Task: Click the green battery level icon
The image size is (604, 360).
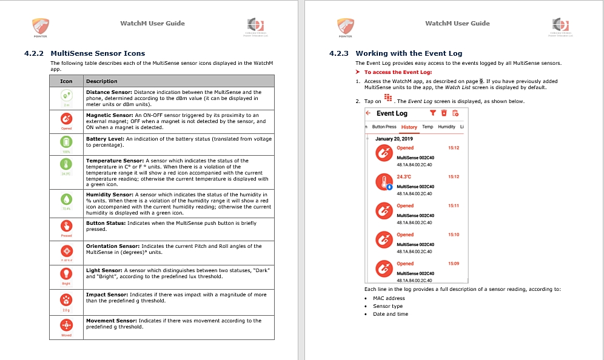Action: pyautogui.click(x=66, y=141)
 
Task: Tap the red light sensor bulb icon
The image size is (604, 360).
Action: pyautogui.click(x=66, y=273)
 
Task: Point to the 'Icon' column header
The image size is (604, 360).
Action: pyautogui.click(x=66, y=81)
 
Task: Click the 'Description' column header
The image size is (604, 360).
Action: pyautogui.click(x=102, y=81)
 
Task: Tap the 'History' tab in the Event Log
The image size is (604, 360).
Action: pyautogui.click(x=409, y=127)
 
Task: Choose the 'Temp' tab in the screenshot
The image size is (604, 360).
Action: pyautogui.click(x=428, y=127)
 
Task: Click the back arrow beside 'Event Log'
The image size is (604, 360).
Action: pyautogui.click(x=368, y=113)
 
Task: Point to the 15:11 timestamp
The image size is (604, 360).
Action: pyautogui.click(x=453, y=206)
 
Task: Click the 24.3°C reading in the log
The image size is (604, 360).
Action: pyautogui.click(x=404, y=177)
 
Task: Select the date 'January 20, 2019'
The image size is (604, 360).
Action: pyautogui.click(x=394, y=139)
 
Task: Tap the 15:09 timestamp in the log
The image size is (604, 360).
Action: pyautogui.click(x=453, y=264)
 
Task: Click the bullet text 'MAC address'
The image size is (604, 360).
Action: pyautogui.click(x=389, y=298)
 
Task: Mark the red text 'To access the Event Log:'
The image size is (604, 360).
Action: pyautogui.click(x=398, y=73)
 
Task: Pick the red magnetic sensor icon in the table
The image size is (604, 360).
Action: pyautogui.click(x=66, y=119)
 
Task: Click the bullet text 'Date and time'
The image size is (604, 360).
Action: pyautogui.click(x=391, y=314)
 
